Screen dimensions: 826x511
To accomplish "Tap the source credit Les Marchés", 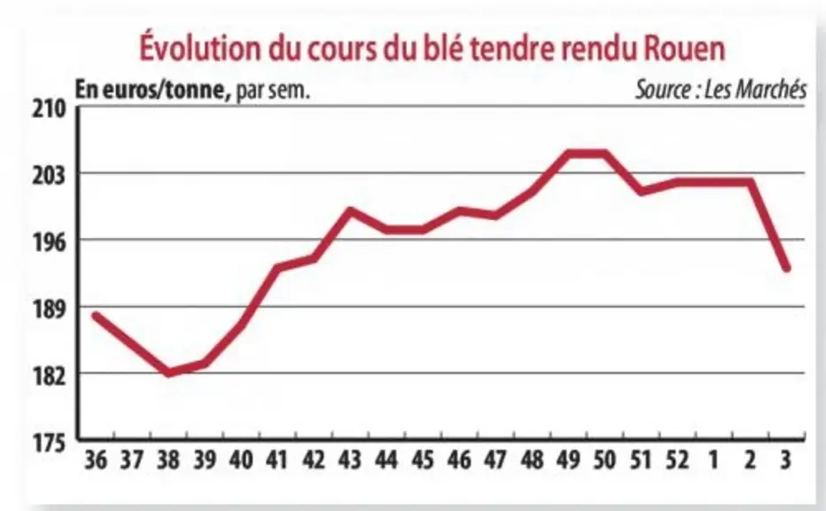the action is click(755, 89).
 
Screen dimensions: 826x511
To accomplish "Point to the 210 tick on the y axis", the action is click(50, 109).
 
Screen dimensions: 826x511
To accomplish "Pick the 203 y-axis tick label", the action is click(50, 176).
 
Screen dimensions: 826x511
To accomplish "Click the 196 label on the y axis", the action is click(50, 242).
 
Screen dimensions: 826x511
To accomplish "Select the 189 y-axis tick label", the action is click(50, 309).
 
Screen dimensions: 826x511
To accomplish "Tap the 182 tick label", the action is click(50, 376).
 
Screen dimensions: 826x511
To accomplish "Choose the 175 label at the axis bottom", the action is click(50, 443).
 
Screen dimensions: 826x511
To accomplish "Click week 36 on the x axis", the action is click(96, 460).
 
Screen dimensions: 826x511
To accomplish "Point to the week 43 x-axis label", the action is click(350, 460).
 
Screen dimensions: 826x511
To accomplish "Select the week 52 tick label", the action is click(677, 460).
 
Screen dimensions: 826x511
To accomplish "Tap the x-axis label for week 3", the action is click(785, 460).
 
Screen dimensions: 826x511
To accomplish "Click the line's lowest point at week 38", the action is click(168, 373).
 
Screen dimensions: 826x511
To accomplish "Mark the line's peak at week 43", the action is click(349, 211).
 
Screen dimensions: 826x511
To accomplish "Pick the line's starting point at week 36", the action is click(96, 315).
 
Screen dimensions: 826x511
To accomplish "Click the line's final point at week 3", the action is click(787, 269).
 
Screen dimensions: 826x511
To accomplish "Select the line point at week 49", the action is click(568, 153).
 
